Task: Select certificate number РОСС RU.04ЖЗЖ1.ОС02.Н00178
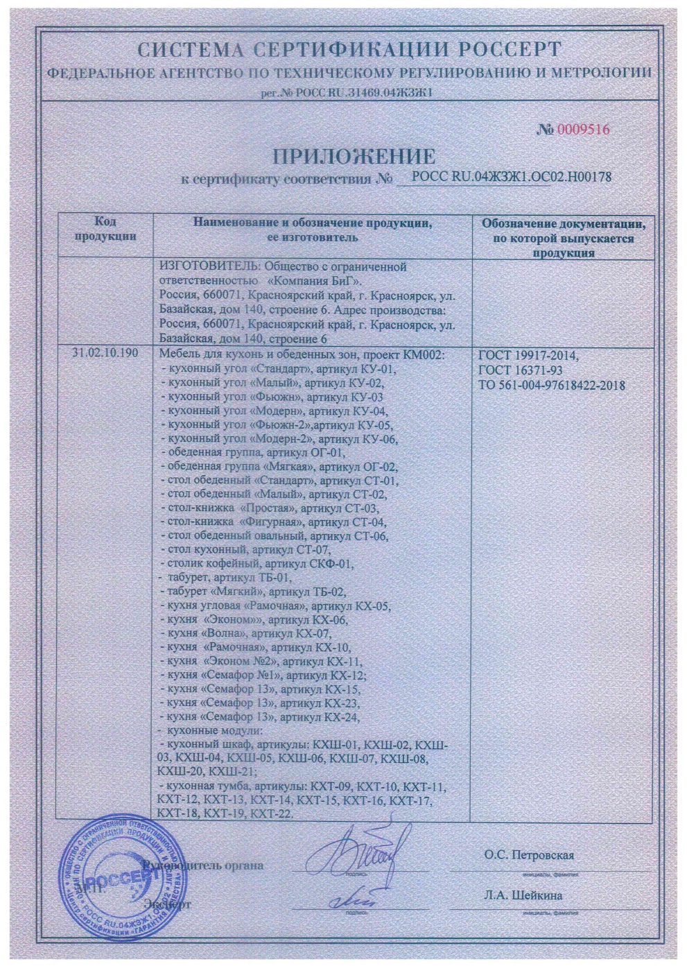511,177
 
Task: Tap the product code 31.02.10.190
105,352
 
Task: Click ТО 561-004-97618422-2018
552,384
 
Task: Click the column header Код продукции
105,229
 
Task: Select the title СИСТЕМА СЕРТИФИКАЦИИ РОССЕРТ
349,51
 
